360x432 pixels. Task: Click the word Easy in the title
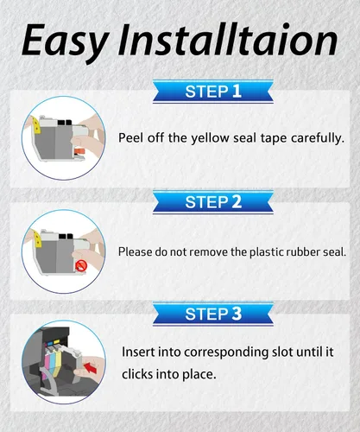pyautogui.click(x=66, y=42)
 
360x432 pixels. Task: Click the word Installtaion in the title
pyautogui.click(x=228, y=40)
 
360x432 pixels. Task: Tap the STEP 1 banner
pyautogui.click(x=213, y=92)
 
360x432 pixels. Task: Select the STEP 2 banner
pyautogui.click(x=213, y=202)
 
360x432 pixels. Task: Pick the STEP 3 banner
pyautogui.click(x=213, y=314)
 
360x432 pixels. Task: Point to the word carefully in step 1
pyautogui.click(x=318, y=138)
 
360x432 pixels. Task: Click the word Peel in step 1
pyautogui.click(x=131, y=138)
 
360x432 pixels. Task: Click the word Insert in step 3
pyautogui.click(x=138, y=352)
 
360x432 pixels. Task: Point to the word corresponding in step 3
pyautogui.click(x=226, y=353)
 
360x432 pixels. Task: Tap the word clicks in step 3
pyautogui.click(x=137, y=374)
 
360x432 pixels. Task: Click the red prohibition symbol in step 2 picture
pyautogui.click(x=81, y=265)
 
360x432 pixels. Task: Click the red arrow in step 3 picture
pyautogui.click(x=90, y=367)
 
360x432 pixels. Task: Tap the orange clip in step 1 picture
pyautogui.click(x=80, y=151)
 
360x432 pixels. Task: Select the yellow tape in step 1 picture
pyautogui.click(x=36, y=126)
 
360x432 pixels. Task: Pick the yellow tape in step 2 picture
pyautogui.click(x=37, y=239)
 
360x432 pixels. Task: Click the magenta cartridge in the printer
pyautogui.click(x=46, y=362)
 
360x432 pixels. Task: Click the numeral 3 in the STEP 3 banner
pyautogui.click(x=237, y=314)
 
